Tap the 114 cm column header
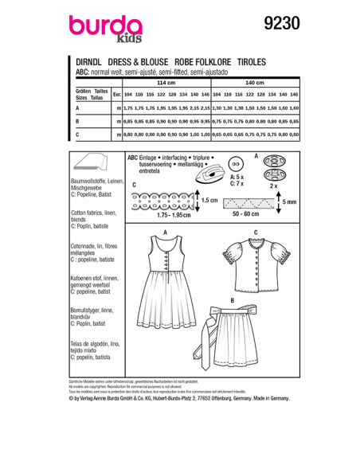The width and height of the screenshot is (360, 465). click(x=166, y=82)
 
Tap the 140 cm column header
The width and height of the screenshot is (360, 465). click(x=254, y=82)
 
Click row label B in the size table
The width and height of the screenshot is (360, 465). click(x=76, y=121)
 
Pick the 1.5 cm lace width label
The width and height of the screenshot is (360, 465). click(x=209, y=201)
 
